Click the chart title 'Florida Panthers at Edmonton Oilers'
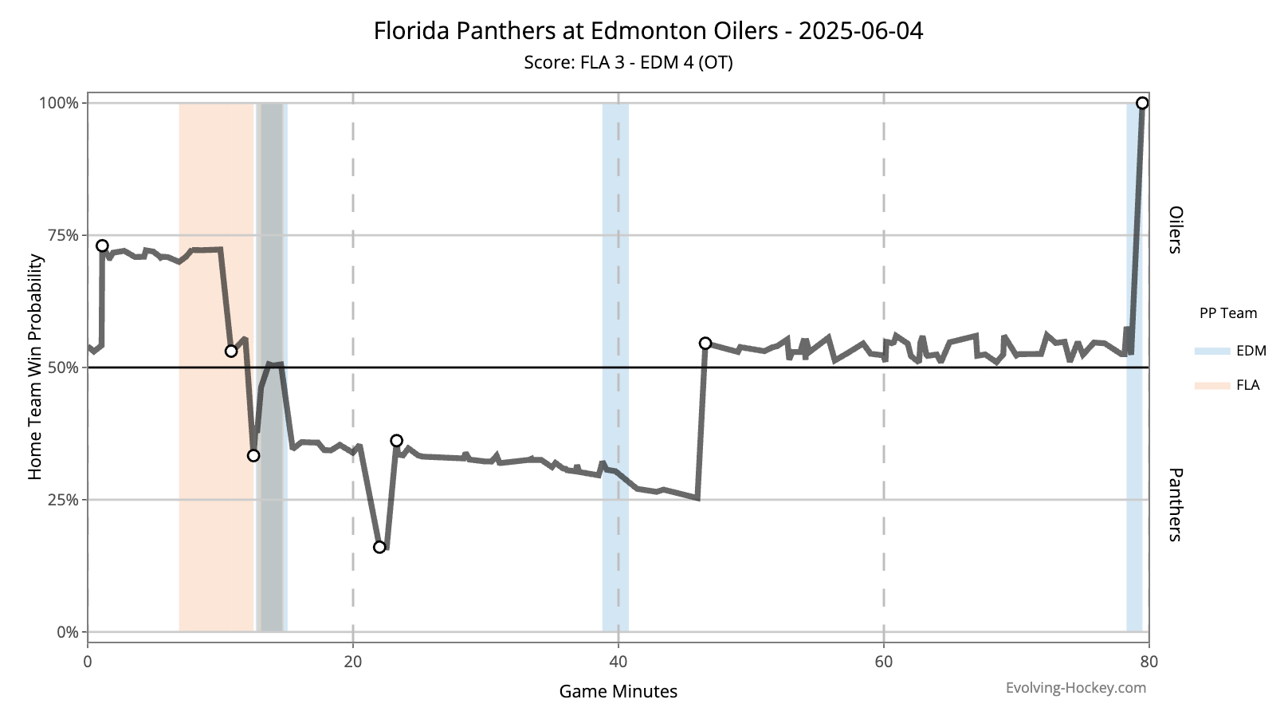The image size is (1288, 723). tap(648, 31)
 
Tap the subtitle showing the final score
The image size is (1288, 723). tap(628, 62)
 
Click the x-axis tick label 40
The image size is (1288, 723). tap(618, 661)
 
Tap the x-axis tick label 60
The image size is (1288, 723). tap(883, 661)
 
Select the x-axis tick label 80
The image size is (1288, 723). tap(1149, 661)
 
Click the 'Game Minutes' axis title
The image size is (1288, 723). tap(618, 691)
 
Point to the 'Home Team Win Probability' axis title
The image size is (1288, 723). tap(35, 367)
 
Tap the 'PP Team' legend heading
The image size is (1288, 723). tap(1227, 313)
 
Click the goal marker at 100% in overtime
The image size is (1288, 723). tap(1142, 103)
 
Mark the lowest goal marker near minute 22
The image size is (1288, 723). tap(379, 547)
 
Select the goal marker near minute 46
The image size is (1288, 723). tap(705, 343)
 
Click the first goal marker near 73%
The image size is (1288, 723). tap(102, 246)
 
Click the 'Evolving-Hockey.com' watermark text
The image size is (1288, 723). tap(1075, 687)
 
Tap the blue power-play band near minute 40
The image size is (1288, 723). tap(615, 367)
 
